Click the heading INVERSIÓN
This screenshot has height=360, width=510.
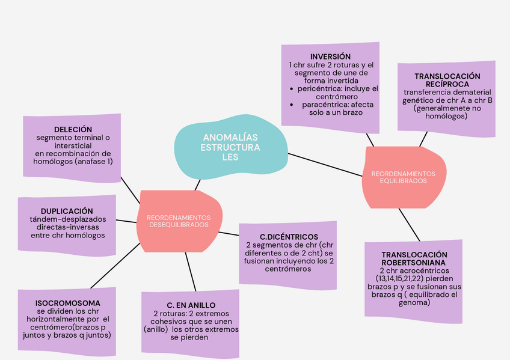(330, 56)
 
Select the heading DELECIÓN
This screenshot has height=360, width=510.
(73, 129)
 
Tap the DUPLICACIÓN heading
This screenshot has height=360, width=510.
(67, 211)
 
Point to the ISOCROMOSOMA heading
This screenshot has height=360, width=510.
(67, 303)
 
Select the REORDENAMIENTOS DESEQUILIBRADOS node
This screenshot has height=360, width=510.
(179, 221)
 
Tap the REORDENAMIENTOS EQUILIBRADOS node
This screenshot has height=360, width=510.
(402, 177)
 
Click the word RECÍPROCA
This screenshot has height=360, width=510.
(447, 84)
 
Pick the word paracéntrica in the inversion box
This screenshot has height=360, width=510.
(326, 104)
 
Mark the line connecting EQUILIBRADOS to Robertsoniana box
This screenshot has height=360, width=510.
(408, 224)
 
